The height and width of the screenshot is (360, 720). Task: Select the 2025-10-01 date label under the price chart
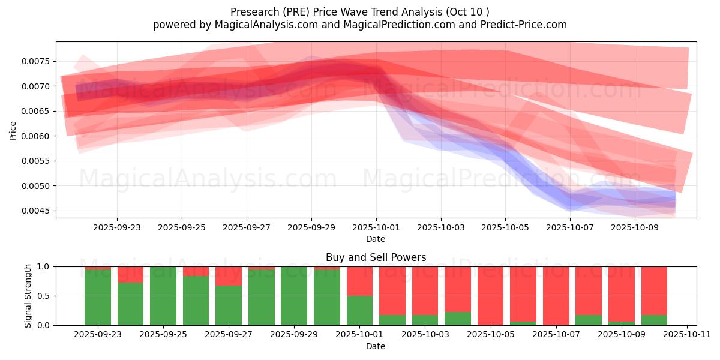pos(376,228)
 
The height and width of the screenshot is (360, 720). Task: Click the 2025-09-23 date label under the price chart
pos(117,228)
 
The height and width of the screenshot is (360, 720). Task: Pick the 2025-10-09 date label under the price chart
pos(634,228)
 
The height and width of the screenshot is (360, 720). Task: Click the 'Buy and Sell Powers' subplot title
pos(376,257)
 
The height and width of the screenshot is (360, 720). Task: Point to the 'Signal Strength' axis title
pos(28,296)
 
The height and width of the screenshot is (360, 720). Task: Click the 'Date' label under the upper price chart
pos(376,239)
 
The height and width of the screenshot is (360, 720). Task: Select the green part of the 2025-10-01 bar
pos(359,310)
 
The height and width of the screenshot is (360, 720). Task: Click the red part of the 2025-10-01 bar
pos(359,281)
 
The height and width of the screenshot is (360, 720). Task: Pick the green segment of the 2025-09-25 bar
pos(163,296)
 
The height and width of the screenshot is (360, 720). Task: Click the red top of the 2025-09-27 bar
pos(229,276)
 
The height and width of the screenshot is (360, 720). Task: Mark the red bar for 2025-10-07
pos(556,296)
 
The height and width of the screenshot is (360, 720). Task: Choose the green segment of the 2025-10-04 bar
pos(458,319)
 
